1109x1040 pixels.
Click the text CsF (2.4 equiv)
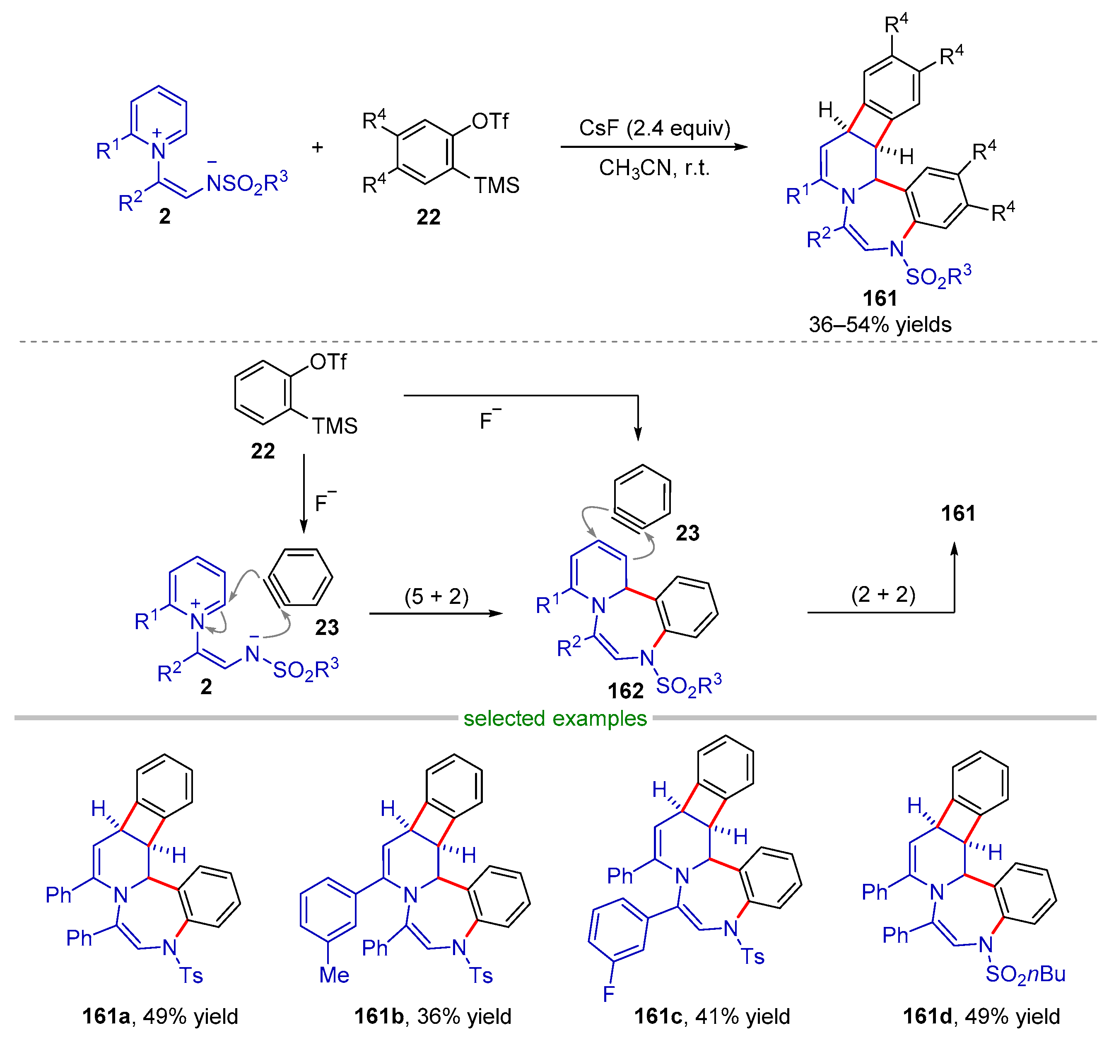654,128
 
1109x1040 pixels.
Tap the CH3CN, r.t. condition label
654,168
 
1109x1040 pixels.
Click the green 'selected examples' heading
554,718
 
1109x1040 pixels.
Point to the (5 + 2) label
436,596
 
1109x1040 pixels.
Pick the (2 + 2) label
883,594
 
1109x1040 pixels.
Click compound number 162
625,691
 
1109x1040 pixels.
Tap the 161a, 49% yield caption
160,1016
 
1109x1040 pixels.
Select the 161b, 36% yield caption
432,1016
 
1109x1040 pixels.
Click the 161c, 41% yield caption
712,1016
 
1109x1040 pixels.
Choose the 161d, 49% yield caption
981,1016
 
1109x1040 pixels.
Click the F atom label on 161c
609,993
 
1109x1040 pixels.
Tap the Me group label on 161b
334,975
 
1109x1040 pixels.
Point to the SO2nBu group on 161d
1025,974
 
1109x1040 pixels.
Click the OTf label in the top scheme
490,121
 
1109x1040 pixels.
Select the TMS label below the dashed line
334,426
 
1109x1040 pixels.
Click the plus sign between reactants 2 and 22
317,147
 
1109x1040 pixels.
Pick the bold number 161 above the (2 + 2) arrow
958,513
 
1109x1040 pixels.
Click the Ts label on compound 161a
191,975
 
